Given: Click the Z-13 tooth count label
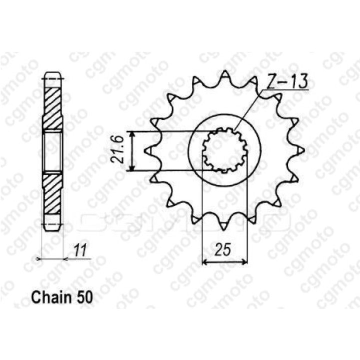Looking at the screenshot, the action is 287,81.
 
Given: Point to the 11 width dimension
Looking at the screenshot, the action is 80,250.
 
